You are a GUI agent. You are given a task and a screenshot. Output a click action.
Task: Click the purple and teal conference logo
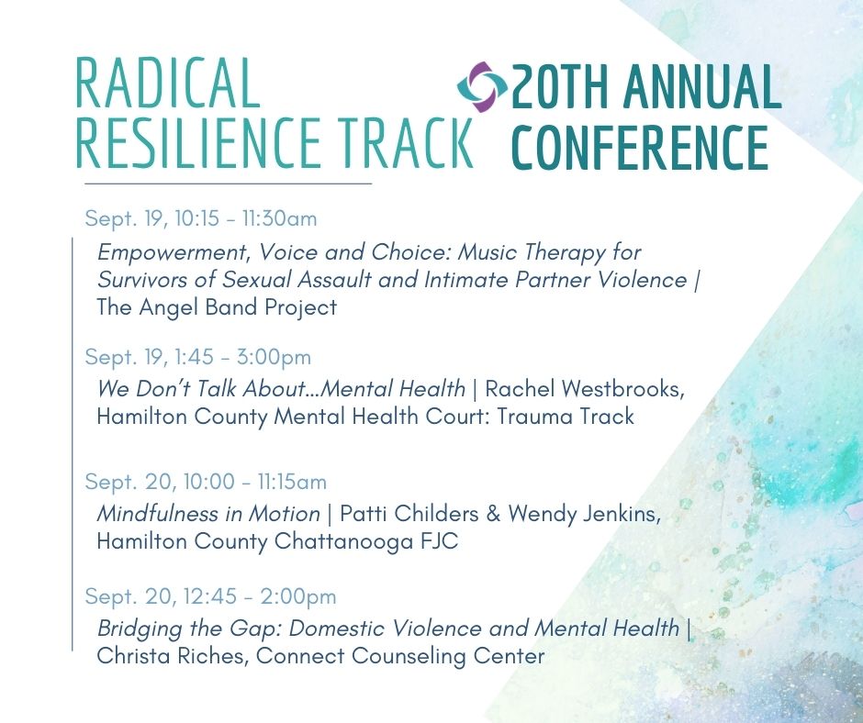(482, 87)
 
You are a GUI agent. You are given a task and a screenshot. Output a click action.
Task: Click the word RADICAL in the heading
(167, 83)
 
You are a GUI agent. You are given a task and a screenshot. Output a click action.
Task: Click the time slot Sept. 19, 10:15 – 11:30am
(201, 218)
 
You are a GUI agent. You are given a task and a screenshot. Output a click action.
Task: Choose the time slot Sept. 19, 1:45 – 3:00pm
(198, 357)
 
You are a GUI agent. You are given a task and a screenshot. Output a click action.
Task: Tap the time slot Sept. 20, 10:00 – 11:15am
(206, 482)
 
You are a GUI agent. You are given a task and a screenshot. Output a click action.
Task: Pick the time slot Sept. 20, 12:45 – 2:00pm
(210, 596)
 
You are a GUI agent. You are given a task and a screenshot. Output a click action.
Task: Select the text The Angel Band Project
(217, 307)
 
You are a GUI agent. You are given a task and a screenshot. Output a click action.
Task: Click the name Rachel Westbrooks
(585, 389)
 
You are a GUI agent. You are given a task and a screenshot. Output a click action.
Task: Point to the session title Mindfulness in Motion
(208, 514)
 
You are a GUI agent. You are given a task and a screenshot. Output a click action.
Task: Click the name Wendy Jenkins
(584, 514)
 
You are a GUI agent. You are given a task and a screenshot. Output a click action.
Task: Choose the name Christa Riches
(171, 656)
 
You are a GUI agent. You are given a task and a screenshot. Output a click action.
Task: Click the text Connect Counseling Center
(400, 656)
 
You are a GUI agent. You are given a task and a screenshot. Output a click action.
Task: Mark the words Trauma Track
(566, 417)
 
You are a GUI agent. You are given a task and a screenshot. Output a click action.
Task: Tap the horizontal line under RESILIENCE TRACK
(229, 184)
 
